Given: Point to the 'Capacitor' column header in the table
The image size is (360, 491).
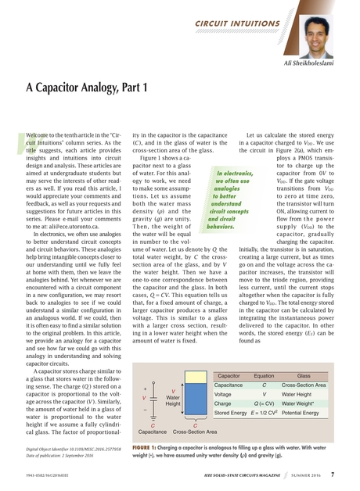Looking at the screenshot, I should click(229, 375).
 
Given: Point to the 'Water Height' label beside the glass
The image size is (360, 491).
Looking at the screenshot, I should click(174, 400).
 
